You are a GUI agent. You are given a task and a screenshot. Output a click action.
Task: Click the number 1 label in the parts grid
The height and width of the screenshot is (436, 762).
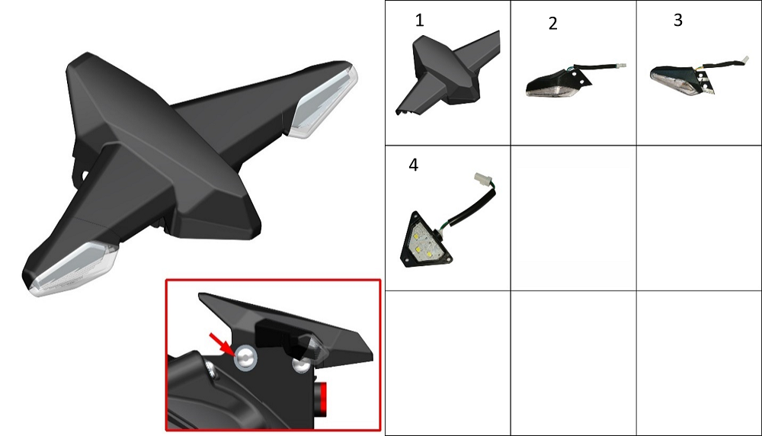point(419,20)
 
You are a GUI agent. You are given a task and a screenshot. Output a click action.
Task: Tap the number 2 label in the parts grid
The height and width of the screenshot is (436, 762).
point(552,24)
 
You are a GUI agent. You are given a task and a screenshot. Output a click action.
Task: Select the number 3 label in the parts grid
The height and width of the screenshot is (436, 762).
point(678,20)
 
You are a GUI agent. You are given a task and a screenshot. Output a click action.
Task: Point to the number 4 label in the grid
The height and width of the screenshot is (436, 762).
point(413,165)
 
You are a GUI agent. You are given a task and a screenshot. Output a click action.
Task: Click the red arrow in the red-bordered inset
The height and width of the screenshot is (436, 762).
point(221,344)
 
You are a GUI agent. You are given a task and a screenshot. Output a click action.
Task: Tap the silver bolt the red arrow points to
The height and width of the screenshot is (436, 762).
point(245,359)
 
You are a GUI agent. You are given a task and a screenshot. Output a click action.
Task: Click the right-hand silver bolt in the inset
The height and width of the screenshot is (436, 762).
point(301,364)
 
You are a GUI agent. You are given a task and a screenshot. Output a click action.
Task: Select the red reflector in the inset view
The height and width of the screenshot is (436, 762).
point(320,399)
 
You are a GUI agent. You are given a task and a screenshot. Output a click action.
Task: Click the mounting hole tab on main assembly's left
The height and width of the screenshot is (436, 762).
point(82,174)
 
